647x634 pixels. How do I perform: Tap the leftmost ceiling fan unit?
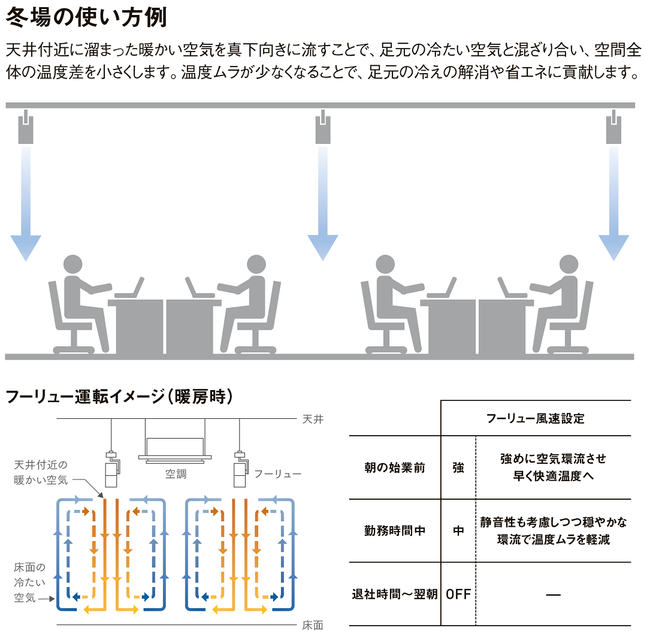tap(25, 128)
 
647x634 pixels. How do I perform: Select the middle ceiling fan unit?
tap(322, 128)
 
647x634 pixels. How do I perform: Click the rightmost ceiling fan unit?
tap(614, 128)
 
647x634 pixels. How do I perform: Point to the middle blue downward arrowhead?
tap(323, 246)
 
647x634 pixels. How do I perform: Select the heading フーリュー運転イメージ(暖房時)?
tap(119, 397)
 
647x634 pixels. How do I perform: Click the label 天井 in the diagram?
tap(313, 419)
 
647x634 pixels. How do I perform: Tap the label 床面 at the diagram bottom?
tap(313, 625)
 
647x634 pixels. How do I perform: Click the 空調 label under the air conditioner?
tap(176, 474)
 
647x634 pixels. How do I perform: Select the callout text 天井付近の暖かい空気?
tap(41, 472)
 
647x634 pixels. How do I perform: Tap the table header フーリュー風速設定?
tap(536, 418)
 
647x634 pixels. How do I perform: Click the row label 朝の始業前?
tap(395, 467)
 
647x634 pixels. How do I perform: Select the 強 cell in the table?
tap(458, 467)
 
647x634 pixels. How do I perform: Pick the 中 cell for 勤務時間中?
tap(458, 531)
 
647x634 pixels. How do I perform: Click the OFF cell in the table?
tap(458, 594)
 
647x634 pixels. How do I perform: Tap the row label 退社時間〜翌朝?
tap(395, 594)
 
